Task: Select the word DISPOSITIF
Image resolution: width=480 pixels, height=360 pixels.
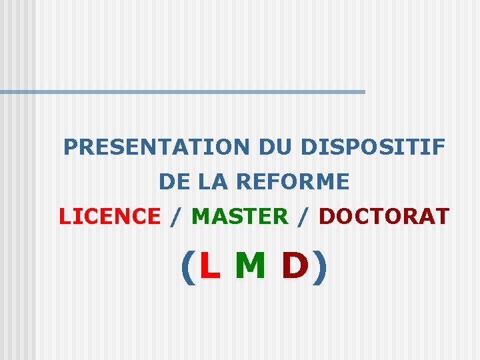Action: pos(373,147)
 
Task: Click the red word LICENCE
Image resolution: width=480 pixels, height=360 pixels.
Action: pos(110,216)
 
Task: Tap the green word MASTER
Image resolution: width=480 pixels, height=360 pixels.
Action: pos(240,216)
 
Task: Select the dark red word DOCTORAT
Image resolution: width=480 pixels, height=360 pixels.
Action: pos(384,216)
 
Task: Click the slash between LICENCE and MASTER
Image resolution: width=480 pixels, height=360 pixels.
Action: pos(176,217)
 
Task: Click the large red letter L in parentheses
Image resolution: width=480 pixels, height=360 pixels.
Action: pos(209,266)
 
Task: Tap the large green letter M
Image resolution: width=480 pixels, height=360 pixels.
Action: pos(250,266)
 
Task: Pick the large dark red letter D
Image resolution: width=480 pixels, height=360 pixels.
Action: pos(295,266)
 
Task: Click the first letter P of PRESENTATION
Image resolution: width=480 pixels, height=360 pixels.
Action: pos(70,147)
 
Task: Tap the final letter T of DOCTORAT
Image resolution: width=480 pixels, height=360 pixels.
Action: pos(443,216)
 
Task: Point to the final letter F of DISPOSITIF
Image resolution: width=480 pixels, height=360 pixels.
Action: pos(439,147)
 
